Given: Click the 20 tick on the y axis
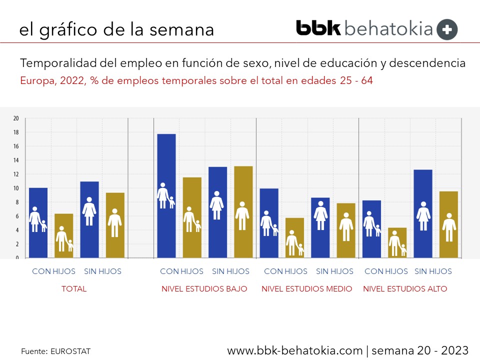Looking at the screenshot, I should coord(15,118).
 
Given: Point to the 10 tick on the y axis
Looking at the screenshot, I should coord(15,188).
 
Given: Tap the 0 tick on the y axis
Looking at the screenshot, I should coord(17,258).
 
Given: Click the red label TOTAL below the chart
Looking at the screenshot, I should coord(74,289).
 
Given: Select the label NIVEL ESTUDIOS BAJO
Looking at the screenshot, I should coord(204,289).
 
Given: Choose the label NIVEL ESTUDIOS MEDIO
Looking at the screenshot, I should coord(307,289).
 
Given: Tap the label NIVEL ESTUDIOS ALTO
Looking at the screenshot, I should coord(405,289).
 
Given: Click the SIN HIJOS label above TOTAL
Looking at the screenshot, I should coord(102,271).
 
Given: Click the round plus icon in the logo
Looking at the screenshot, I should coord(447,29).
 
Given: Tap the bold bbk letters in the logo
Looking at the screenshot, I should coord(318,28).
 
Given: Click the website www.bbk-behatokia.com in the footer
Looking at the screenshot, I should coord(294,350).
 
